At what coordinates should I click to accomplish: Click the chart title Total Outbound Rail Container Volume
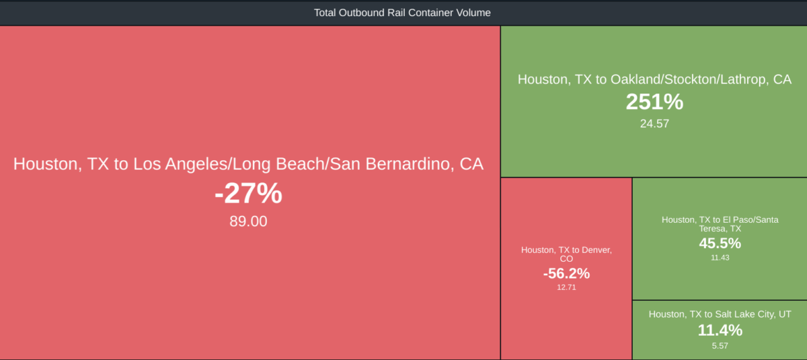[402, 13]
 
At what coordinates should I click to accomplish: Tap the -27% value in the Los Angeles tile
[248, 193]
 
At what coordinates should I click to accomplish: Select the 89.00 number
[248, 221]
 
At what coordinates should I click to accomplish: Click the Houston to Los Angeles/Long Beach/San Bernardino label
[248, 164]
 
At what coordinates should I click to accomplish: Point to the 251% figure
[654, 102]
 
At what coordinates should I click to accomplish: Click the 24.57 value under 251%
[654, 124]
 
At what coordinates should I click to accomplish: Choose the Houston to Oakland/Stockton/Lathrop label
[654, 79]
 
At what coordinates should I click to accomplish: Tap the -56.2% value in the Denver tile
[566, 273]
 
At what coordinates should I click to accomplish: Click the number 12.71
[566, 287]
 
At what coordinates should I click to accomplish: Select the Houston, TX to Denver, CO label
[566, 254]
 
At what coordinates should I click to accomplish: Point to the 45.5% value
[720, 243]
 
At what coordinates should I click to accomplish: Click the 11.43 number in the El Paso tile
[720, 258]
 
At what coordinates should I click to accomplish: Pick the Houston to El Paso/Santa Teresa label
[720, 224]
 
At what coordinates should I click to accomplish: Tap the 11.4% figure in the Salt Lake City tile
[720, 330]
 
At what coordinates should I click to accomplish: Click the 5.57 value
[720, 346]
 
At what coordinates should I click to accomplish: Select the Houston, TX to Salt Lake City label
[720, 314]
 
